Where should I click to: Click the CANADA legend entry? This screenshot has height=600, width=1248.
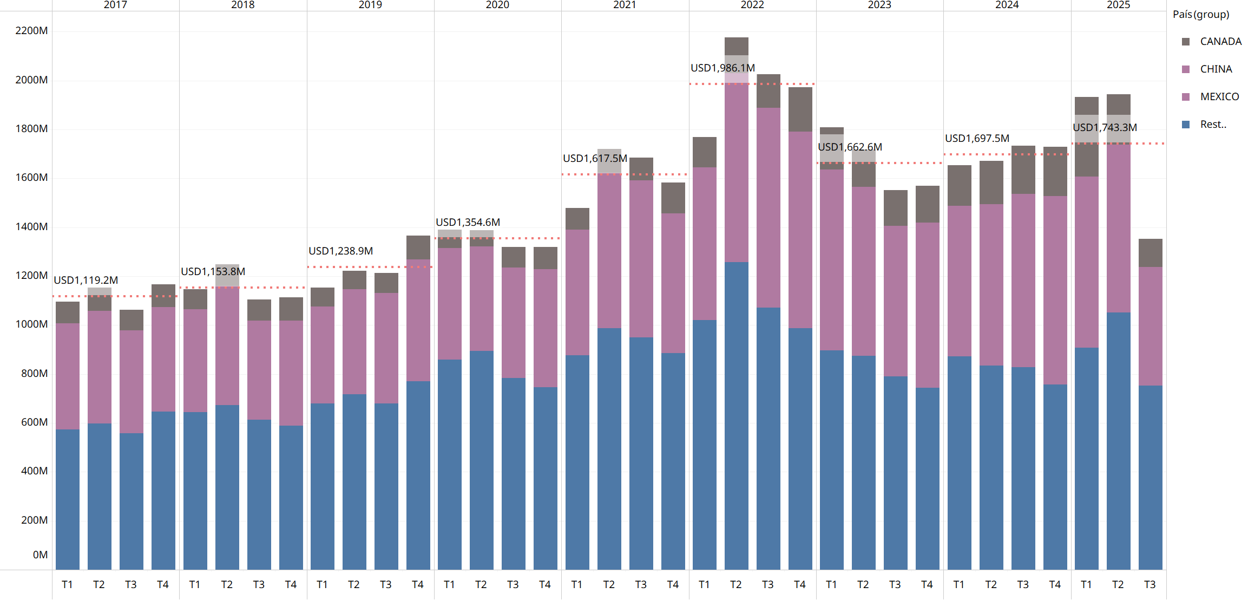point(1212,42)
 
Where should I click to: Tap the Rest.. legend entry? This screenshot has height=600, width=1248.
point(1204,125)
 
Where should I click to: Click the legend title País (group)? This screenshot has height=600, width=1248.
point(1201,15)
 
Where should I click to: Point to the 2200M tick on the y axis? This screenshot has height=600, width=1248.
point(31,31)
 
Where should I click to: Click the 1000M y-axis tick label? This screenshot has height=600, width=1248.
point(31,324)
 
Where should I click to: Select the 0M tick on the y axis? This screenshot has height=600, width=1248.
point(40,555)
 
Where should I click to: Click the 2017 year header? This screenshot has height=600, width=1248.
point(115,5)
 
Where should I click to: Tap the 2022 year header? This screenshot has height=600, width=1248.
point(752,5)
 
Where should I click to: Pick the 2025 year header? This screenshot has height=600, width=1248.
point(1118,5)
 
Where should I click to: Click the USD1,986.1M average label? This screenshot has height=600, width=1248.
point(722,68)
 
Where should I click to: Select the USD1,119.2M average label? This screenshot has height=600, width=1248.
point(86,281)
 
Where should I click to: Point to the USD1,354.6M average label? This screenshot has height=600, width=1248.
point(468,223)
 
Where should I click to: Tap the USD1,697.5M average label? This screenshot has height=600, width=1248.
point(977,139)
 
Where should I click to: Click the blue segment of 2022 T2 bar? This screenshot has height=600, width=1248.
point(737,416)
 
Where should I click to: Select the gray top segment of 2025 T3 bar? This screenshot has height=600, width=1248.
point(1151,253)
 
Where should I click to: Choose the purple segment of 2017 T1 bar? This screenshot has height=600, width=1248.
point(68,376)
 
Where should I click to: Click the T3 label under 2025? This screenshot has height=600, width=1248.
point(1150,585)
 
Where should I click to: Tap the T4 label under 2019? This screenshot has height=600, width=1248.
point(418,585)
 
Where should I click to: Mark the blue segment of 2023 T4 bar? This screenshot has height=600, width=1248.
point(928,479)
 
